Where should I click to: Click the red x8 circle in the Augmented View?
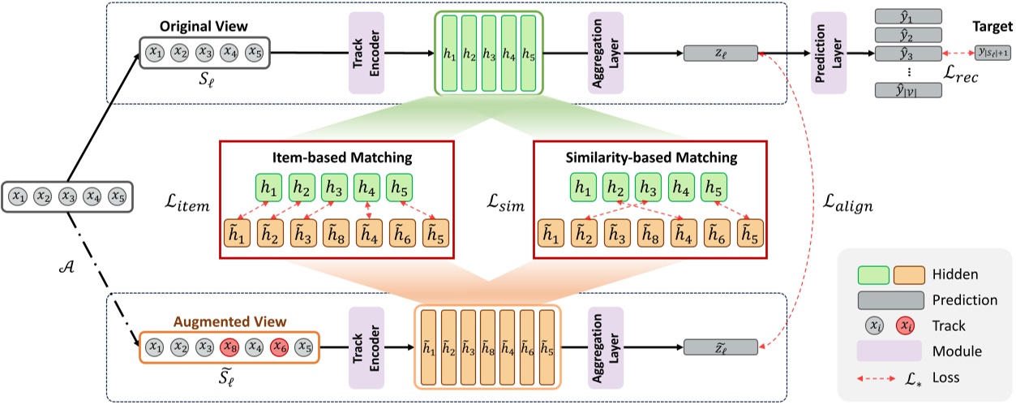pos(230,347)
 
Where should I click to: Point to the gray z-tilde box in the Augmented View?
pos(721,347)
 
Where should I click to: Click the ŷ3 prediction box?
pos(908,54)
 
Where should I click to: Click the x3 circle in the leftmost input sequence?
pos(68,196)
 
